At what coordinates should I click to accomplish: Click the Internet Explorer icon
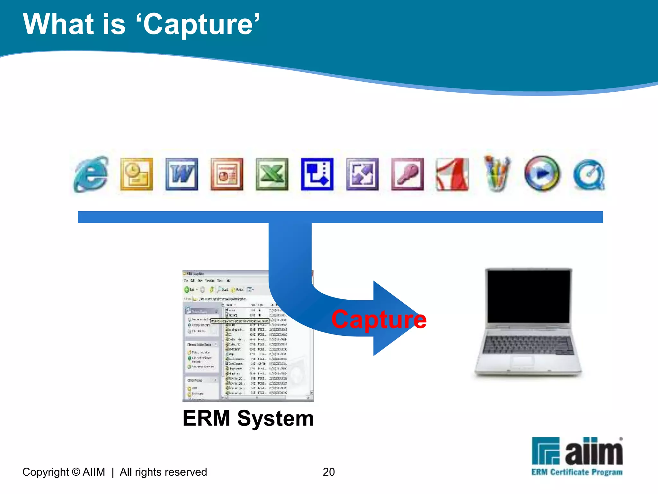91,174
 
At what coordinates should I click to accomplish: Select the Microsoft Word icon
182,174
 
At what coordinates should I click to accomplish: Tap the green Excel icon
272,174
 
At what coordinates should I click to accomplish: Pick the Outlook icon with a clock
137,174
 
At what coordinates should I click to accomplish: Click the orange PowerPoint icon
227,174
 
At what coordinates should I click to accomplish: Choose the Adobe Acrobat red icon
452,174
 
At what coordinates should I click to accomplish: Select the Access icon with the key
407,174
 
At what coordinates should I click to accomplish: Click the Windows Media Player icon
542,174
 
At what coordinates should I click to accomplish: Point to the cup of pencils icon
497,174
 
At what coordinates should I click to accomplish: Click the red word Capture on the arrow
379,319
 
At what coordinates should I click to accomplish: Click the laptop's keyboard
529,344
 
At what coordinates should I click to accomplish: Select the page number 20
329,472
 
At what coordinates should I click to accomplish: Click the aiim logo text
593,452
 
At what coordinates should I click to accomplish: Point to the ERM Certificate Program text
577,472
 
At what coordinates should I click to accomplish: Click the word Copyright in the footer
46,472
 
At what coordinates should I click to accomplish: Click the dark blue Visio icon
317,174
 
